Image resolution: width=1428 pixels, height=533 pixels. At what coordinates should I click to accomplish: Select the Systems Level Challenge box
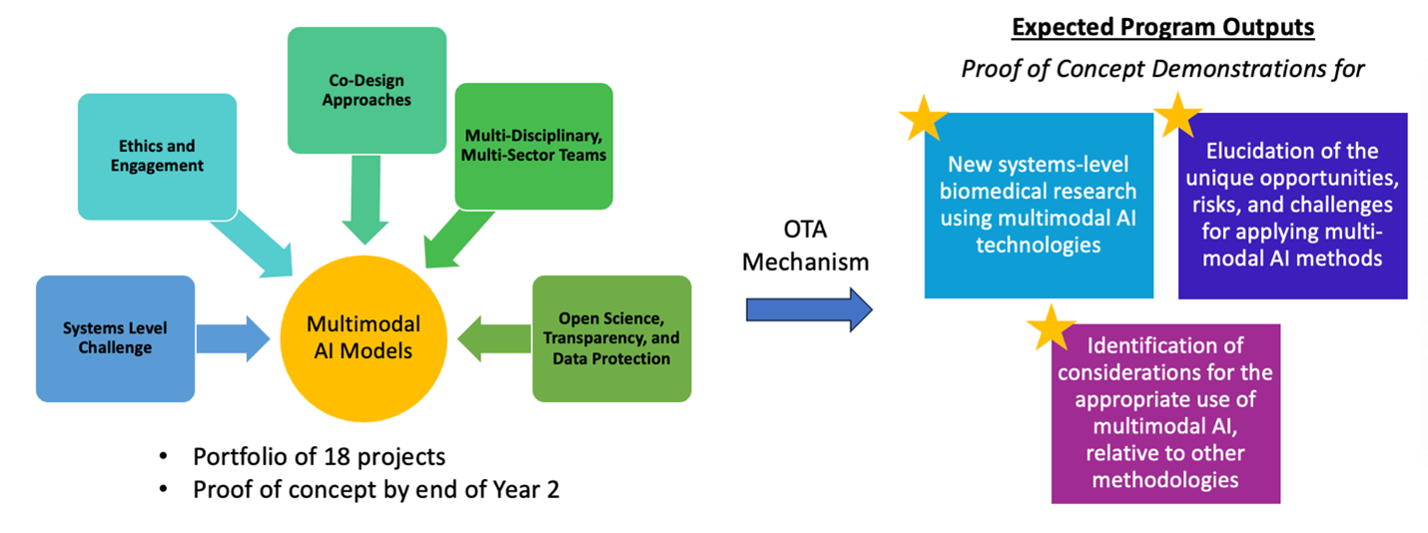(x=115, y=338)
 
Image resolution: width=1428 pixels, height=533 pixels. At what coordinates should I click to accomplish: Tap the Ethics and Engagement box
(x=157, y=157)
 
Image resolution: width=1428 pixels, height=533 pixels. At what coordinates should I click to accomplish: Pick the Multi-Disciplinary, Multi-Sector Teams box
(x=533, y=146)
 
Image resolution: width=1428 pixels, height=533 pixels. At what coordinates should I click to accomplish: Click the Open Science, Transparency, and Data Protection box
(x=612, y=338)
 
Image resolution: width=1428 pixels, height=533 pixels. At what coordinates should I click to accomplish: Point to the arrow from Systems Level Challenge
(x=233, y=338)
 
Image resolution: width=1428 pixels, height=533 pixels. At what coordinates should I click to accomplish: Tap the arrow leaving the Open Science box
(x=493, y=338)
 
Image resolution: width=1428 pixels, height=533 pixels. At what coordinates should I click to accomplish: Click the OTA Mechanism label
(x=809, y=248)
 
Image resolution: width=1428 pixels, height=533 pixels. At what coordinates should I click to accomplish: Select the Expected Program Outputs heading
(x=1162, y=27)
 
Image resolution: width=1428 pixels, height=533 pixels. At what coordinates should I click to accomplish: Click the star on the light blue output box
(x=924, y=119)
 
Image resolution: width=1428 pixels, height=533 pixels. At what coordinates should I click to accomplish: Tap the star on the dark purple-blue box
(x=1178, y=116)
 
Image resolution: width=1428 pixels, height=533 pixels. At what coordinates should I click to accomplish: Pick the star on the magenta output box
(x=1051, y=327)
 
